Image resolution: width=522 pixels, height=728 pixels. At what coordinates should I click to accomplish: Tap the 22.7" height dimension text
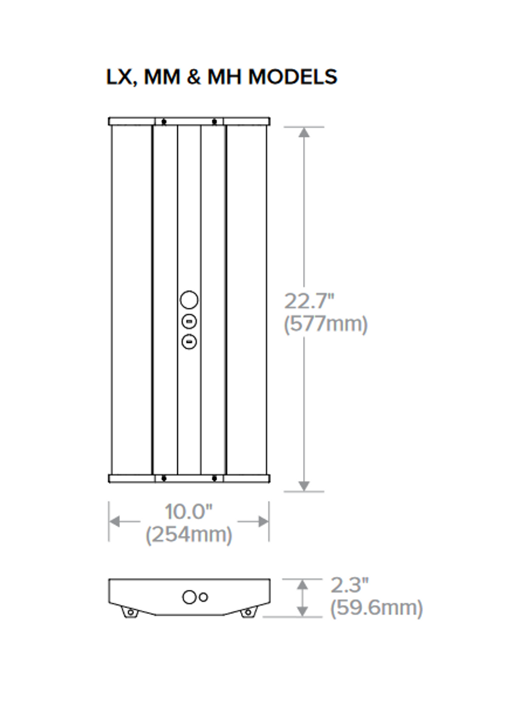[310, 300]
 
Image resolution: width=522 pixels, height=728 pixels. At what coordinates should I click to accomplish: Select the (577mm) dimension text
[325, 324]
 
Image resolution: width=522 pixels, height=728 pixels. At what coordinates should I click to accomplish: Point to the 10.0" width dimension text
[189, 512]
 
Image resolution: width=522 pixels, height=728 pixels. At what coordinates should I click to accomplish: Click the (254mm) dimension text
[189, 535]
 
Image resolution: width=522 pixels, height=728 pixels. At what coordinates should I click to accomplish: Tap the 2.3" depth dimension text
[350, 585]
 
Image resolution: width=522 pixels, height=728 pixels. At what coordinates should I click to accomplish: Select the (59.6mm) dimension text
[376, 608]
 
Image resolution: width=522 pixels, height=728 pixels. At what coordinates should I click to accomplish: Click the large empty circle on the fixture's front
[189, 300]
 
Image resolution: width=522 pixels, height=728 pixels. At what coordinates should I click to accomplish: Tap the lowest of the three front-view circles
[189, 342]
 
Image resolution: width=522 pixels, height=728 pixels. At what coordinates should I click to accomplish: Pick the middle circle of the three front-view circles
[189, 322]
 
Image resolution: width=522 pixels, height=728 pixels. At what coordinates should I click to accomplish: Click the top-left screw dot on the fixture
[164, 121]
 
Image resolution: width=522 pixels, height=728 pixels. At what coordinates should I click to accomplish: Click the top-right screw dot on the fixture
[214, 121]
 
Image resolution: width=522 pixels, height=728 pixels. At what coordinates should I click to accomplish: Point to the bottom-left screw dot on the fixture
[164, 478]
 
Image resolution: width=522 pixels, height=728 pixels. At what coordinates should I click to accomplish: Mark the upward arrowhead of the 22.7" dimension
[304, 133]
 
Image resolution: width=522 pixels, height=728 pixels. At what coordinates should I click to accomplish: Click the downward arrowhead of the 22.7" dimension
[304, 485]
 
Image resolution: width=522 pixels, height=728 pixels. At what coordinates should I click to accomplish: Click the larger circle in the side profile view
[189, 597]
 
